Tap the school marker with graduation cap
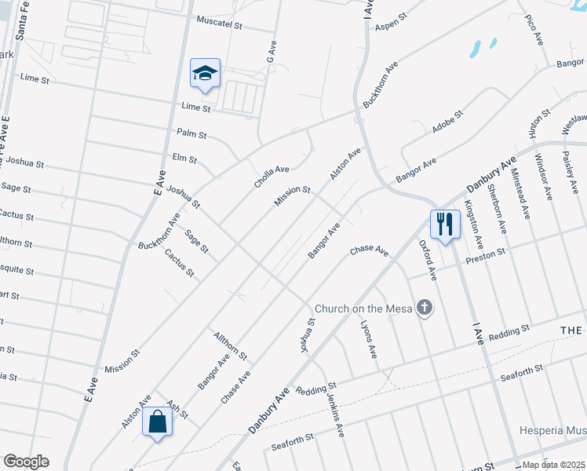pos(206,75)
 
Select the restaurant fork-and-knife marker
pos(445,225)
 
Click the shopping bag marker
pos(158,422)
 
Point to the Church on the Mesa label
pos(364,309)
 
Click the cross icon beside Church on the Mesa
pos(425,308)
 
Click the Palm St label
pos(191,134)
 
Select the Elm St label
pos(184,159)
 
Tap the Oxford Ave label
pos(427,261)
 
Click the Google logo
pos(26,462)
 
